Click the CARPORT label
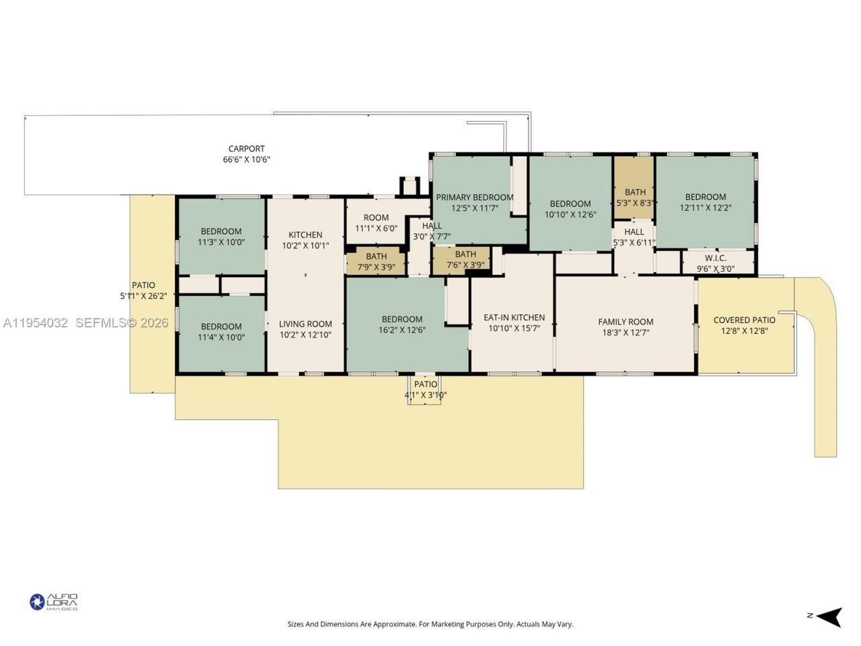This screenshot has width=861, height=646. [x=246, y=149]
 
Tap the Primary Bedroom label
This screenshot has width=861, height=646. [x=474, y=198]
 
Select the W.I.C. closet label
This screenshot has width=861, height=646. [x=715, y=258]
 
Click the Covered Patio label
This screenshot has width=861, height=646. [x=744, y=320]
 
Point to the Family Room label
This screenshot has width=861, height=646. [x=626, y=322]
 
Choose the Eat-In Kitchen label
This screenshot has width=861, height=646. [x=514, y=318]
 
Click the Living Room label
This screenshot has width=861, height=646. [x=305, y=324]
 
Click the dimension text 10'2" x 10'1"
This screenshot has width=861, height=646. [x=305, y=246]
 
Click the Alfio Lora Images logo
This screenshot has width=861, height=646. [x=54, y=602]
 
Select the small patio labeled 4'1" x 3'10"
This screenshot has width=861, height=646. [x=425, y=390]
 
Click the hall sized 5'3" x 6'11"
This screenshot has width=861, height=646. [x=634, y=237]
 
